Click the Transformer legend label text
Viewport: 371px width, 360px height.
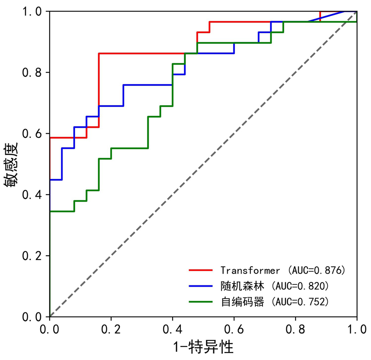(x=250, y=270)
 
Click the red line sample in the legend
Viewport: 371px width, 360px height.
(x=201, y=270)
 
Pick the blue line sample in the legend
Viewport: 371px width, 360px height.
(x=201, y=286)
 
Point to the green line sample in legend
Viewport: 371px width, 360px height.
(x=201, y=302)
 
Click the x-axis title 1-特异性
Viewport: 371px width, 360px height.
(x=203, y=347)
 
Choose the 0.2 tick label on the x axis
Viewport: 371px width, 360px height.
(x=111, y=328)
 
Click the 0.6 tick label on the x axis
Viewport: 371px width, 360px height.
(x=234, y=328)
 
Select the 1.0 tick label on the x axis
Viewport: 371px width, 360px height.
(x=357, y=328)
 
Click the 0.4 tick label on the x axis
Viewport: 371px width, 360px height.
(x=173, y=328)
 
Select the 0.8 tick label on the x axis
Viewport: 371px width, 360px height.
(x=296, y=328)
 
